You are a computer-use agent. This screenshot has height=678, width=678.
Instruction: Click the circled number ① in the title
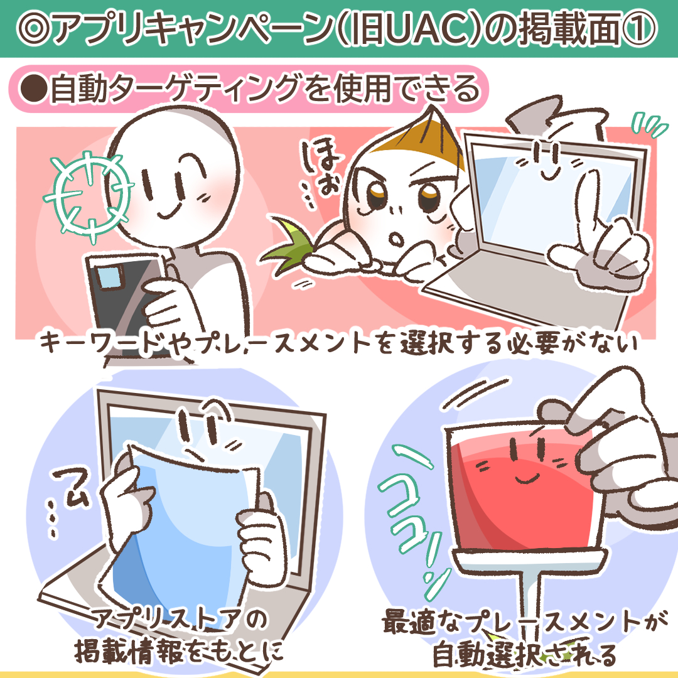point(638,28)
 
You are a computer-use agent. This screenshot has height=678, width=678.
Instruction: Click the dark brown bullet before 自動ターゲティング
point(33,89)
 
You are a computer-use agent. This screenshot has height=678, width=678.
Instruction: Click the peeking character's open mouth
point(396,239)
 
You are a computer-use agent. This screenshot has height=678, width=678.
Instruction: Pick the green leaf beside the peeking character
point(286,247)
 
